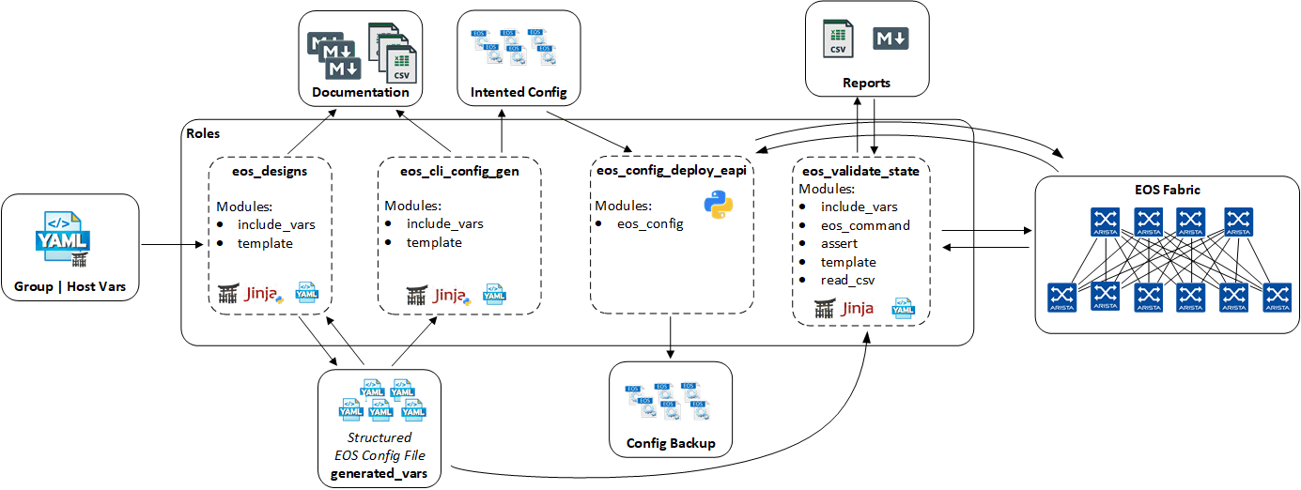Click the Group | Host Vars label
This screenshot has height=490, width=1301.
coord(70,285)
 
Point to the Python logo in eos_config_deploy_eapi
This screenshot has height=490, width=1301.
coord(718,204)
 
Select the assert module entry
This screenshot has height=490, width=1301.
coord(841,243)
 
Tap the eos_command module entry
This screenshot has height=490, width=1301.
coord(865,225)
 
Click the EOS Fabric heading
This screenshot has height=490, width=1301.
coord(1168,190)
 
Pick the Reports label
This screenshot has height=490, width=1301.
coord(866,83)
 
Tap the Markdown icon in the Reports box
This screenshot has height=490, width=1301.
coord(891,38)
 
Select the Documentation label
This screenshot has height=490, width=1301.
coord(361,92)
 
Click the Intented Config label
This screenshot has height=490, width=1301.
coord(519,92)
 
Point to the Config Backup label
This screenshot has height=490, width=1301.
coord(670,443)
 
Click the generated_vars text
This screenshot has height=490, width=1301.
coord(379,473)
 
